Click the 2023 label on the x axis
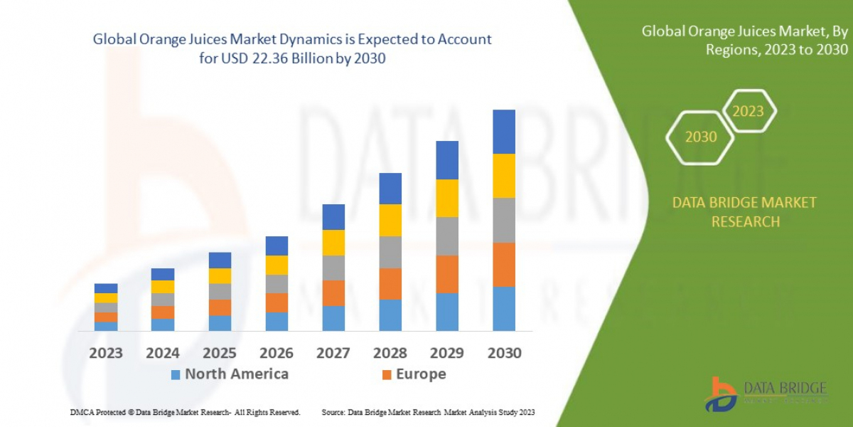point(106,353)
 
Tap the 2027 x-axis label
point(333,353)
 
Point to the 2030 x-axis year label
point(504,353)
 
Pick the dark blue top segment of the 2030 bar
point(504,132)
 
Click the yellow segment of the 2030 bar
point(504,176)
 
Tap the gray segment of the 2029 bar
point(447,236)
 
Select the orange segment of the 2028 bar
point(390,284)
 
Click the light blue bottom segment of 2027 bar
point(333,318)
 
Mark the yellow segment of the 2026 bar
point(277,265)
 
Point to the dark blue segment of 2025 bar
point(220,260)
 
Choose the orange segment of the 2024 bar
point(163,312)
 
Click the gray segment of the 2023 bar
point(106,307)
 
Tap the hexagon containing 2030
point(700,137)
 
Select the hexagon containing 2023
point(748,111)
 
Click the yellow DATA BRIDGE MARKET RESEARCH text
point(744,212)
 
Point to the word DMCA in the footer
point(83,413)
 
